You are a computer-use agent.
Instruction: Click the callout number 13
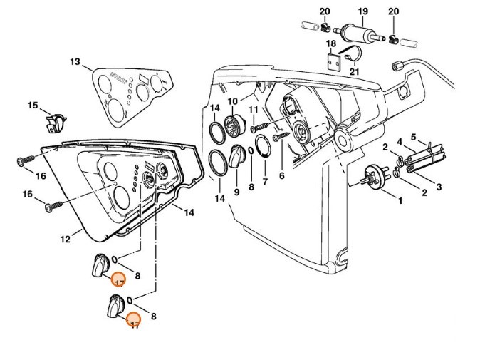75,63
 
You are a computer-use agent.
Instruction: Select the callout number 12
65,240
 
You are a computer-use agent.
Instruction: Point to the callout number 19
362,11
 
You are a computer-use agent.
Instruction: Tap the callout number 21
355,71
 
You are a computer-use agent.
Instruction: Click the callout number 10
233,102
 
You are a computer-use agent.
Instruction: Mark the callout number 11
254,109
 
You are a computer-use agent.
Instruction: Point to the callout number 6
282,175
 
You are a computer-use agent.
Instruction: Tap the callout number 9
236,191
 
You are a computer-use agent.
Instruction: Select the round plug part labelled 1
373,175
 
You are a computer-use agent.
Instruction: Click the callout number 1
400,201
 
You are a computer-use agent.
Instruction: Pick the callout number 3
439,187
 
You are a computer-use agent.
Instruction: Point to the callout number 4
400,142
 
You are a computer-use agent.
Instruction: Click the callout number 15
33,106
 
